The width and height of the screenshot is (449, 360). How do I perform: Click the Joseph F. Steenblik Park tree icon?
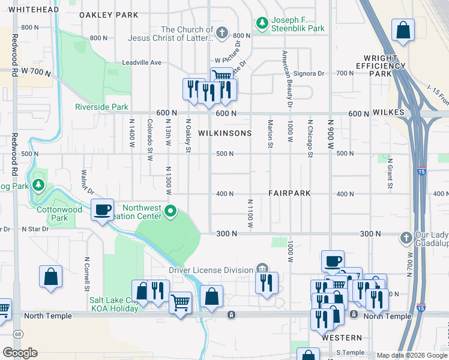(262, 23)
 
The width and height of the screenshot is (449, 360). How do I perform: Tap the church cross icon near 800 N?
(222, 32)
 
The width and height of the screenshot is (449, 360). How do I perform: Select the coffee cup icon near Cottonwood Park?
(103, 209)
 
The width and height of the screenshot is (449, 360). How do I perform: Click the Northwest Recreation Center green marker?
(171, 211)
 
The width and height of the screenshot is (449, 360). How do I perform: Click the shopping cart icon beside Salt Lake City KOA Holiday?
(181, 302)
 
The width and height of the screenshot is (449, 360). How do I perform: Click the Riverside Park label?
(101, 107)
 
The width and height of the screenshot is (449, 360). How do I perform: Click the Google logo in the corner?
(20, 353)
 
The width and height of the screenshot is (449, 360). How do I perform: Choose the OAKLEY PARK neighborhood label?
(108, 16)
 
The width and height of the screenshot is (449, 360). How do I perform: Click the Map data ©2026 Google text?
(411, 355)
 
